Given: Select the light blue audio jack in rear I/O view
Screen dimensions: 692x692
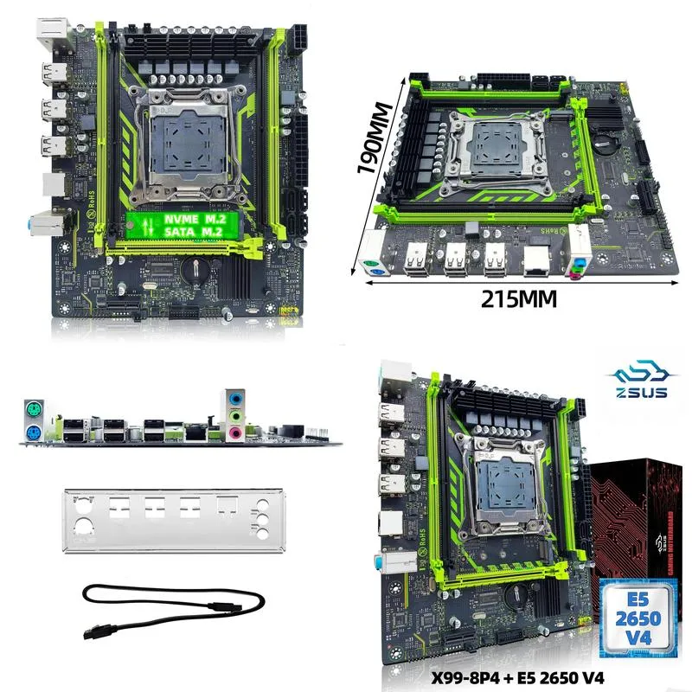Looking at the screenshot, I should point(236,396).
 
